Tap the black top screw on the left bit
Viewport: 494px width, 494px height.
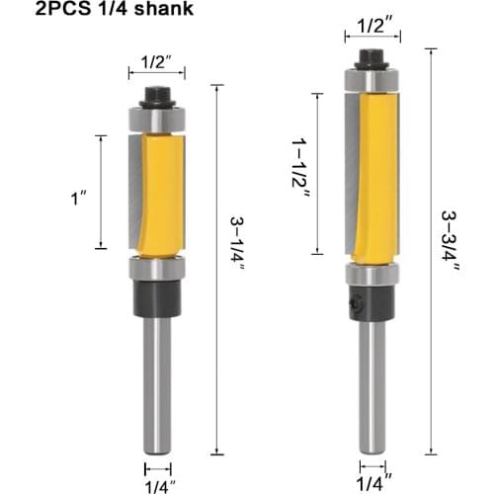pos(156,97)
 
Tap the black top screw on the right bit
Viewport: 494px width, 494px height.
pos(371,57)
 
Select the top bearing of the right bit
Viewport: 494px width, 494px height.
pos(371,78)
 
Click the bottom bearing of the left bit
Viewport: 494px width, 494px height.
pos(156,268)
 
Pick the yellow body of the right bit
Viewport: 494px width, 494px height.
pos(381,178)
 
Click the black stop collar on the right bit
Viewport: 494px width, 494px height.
pos(371,304)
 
